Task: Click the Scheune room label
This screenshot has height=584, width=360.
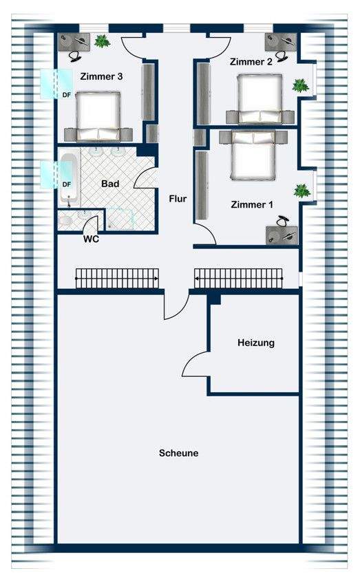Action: [178, 453]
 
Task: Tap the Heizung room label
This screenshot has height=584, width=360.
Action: [256, 343]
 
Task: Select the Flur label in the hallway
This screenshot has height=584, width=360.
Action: [178, 199]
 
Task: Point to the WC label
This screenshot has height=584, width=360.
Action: [91, 239]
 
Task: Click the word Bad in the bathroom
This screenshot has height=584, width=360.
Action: [110, 184]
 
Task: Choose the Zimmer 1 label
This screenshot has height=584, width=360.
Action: [252, 204]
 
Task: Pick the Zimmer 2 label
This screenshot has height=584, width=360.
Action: [251, 62]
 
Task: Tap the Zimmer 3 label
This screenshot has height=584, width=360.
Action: [101, 77]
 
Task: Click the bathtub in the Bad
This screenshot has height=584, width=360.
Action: [69, 179]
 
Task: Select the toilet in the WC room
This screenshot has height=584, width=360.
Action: [65, 221]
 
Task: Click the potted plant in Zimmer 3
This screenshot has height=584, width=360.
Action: [102, 41]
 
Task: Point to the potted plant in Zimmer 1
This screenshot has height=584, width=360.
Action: [302, 191]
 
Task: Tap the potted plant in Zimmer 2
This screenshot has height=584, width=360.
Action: [300, 86]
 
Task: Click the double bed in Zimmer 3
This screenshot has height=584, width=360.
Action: [98, 116]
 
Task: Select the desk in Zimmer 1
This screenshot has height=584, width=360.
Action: [282, 235]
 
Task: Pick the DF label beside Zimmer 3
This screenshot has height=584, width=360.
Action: [66, 95]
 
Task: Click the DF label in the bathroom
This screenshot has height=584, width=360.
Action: [66, 184]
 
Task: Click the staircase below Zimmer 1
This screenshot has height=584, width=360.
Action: [239, 278]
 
